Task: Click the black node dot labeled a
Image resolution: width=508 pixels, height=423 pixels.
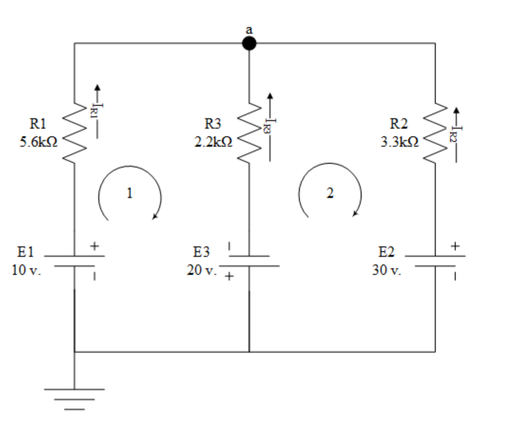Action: pyautogui.click(x=249, y=44)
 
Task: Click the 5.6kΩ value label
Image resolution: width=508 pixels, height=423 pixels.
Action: pyautogui.click(x=38, y=142)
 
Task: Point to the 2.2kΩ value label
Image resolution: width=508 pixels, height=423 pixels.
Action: pyautogui.click(x=213, y=142)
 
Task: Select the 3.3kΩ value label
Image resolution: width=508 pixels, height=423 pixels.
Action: pyautogui.click(x=399, y=142)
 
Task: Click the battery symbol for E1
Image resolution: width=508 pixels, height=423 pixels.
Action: pyautogui.click(x=74, y=261)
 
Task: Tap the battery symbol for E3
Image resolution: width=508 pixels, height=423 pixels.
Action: pyautogui.click(x=249, y=261)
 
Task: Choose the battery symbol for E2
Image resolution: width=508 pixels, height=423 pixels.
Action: pyautogui.click(x=435, y=261)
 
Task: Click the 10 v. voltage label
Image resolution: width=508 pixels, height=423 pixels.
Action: pyautogui.click(x=27, y=271)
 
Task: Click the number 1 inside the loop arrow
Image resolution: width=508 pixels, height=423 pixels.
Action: pyautogui.click(x=129, y=193)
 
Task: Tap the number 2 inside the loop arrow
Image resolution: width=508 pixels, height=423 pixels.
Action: pyautogui.click(x=330, y=193)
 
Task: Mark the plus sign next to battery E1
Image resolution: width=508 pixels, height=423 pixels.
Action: pyautogui.click(x=95, y=246)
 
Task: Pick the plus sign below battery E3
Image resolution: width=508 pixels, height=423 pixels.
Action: pyautogui.click(x=229, y=276)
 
